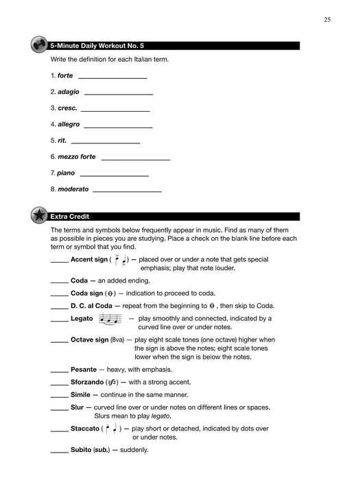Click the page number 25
tap(327, 20)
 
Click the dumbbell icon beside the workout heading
tap(38, 45)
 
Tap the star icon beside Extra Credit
tap(38, 216)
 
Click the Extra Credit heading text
tap(71, 217)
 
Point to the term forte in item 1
tap(65, 75)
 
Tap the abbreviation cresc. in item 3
tap(67, 108)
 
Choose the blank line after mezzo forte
tap(136, 157)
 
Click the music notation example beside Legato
tap(110, 319)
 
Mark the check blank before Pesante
tap(60, 369)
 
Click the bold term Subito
tap(81, 450)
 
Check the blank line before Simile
tap(60, 395)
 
